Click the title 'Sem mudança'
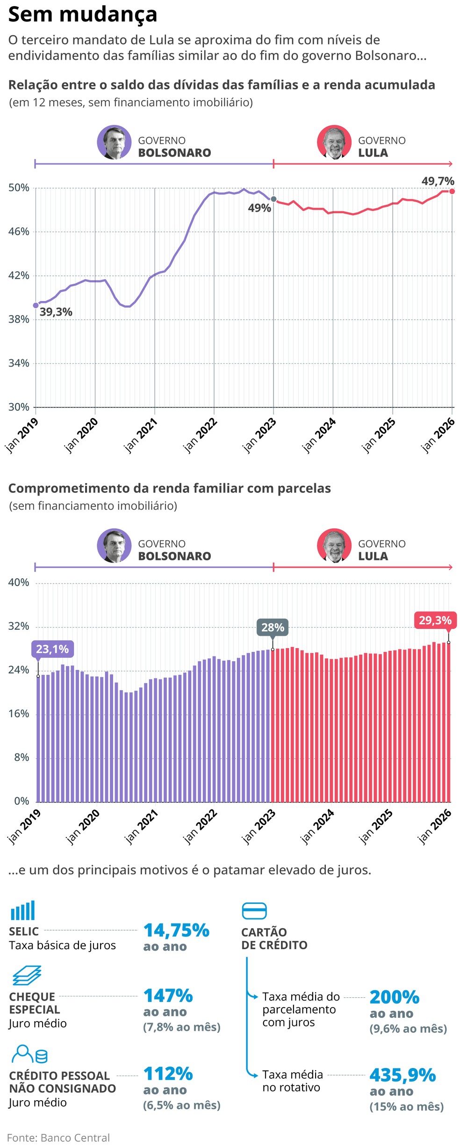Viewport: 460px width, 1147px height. (x=82, y=14)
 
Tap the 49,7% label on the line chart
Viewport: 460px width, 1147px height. (x=438, y=181)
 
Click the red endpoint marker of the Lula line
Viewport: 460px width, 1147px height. (x=452, y=191)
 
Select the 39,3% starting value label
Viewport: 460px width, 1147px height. (x=56, y=312)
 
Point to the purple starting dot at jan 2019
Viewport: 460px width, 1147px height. (x=36, y=305)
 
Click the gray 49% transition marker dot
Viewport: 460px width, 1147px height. (x=273, y=199)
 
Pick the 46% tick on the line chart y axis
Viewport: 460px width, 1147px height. (x=19, y=231)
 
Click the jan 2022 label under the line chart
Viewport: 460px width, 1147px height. (x=200, y=435)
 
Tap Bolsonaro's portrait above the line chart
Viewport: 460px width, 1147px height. (x=114, y=143)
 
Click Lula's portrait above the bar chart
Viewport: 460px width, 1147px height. (x=334, y=546)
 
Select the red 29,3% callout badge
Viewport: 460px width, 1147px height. (x=435, y=620)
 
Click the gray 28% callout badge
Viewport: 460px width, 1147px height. (x=273, y=628)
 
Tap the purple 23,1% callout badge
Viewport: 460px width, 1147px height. (x=52, y=649)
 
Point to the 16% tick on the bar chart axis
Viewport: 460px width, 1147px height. (x=19, y=714)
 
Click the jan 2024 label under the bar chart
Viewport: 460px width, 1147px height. (x=317, y=826)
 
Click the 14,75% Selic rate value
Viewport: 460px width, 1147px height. (x=176, y=930)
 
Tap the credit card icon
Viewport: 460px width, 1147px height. (x=254, y=911)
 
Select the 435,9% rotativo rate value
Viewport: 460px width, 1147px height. (x=402, y=1075)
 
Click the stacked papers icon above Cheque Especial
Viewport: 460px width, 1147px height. (x=27, y=976)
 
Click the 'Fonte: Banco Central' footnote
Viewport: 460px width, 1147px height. (x=58, y=1138)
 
